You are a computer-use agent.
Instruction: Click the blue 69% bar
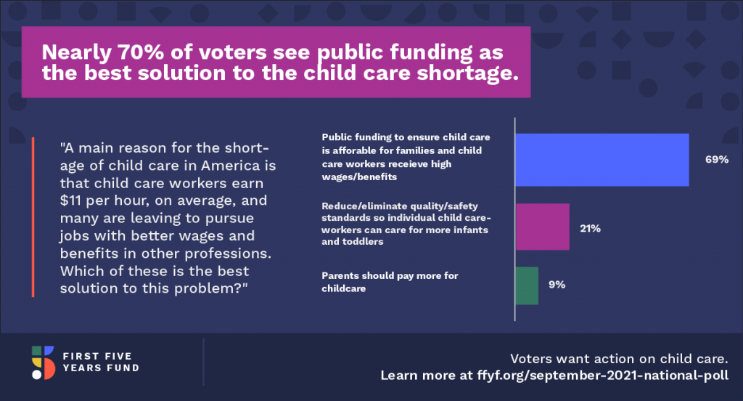(x=602, y=160)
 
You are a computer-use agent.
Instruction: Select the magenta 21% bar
(x=543, y=227)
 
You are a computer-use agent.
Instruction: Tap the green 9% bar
(x=527, y=285)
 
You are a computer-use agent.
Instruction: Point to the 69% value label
(x=717, y=159)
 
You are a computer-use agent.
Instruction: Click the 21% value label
(x=591, y=228)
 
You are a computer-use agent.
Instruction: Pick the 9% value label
(x=557, y=284)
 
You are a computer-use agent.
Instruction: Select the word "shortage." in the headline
(x=468, y=73)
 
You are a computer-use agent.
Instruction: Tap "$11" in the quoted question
(x=70, y=200)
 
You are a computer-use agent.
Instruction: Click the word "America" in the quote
(x=231, y=165)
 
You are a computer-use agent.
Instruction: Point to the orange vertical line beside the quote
(x=33, y=217)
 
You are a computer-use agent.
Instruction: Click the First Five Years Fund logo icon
(x=43, y=362)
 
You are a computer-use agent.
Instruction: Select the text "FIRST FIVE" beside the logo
(x=97, y=356)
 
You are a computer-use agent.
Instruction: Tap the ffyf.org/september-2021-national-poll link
(x=603, y=376)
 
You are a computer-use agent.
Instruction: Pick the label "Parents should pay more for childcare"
(x=390, y=282)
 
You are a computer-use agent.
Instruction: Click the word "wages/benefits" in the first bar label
(x=359, y=177)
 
